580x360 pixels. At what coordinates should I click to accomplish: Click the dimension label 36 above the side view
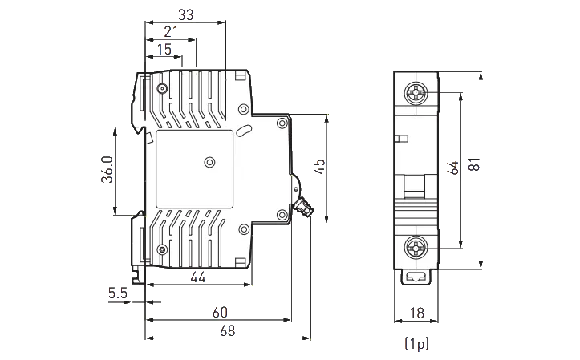tap(185, 14)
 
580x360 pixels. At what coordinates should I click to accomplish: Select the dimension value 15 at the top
tap(164, 50)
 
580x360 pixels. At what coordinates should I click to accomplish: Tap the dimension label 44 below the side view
tap(197, 277)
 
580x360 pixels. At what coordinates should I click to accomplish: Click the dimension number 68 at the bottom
tap(228, 330)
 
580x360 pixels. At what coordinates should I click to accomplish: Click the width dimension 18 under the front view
tap(416, 312)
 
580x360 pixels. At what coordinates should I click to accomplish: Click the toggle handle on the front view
tap(416, 189)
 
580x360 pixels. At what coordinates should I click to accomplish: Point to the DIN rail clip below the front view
tap(416, 278)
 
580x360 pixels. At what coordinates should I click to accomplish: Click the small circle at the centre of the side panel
tap(209, 163)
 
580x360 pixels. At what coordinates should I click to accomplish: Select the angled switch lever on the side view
tap(302, 208)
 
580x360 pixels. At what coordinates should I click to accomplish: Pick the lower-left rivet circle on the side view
tap(162, 248)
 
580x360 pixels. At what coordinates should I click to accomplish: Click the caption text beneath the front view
tap(416, 346)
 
